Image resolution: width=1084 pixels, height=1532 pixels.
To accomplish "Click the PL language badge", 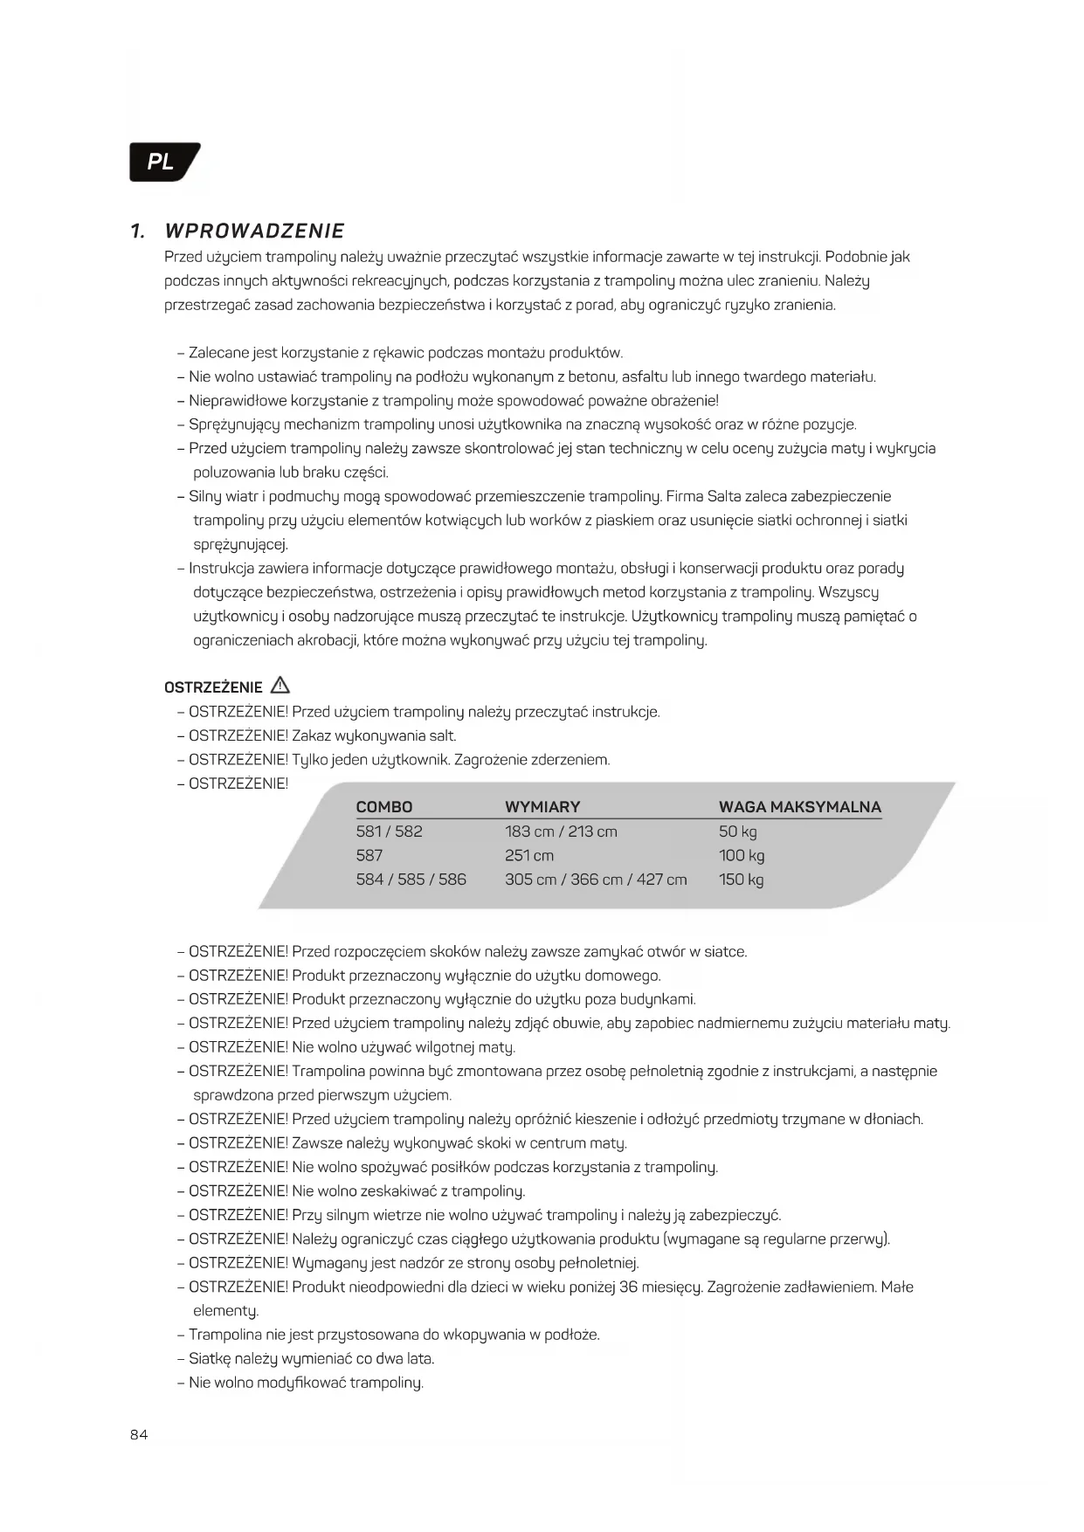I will [162, 162].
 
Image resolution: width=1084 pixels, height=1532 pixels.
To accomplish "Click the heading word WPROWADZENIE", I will [254, 231].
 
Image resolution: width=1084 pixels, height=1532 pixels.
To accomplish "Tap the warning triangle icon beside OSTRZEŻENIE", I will [280, 685].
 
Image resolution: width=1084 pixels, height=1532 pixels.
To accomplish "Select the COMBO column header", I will [383, 807].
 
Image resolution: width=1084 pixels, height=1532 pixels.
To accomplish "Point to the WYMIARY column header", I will [542, 807].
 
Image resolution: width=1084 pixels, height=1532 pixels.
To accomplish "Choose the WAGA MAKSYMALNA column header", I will [799, 807].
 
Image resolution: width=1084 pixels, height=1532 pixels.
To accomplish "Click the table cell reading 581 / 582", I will [389, 832].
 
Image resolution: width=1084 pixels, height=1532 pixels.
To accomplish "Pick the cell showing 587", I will [369, 856].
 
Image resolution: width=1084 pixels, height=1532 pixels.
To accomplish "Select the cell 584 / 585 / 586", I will [411, 880].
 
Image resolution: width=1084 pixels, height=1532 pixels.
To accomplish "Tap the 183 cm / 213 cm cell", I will [561, 832].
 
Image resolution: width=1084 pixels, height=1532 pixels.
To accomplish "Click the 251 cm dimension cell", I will [528, 856].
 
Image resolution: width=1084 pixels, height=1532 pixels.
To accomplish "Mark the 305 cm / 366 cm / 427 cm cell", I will [596, 880].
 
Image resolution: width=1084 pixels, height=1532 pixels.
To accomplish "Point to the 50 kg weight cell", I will [737, 832].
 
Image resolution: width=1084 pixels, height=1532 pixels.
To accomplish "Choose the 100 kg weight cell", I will [741, 856].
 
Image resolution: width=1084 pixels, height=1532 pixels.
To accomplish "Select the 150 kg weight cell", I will [741, 880].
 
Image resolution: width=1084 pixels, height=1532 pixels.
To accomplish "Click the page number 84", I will [139, 1434].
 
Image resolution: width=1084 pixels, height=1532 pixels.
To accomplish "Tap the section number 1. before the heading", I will [138, 231].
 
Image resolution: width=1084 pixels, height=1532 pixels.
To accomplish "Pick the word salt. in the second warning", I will [442, 735].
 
